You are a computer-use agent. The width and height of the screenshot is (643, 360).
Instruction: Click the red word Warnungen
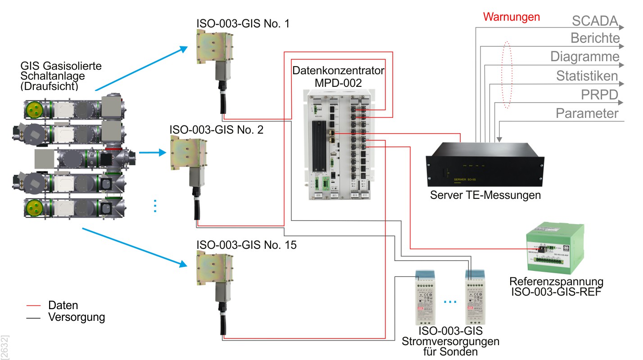pos(511,18)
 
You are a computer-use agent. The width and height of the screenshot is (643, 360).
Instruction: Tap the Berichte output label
pos(595,38)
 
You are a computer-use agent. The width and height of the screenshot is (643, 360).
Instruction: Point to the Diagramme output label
pos(584,57)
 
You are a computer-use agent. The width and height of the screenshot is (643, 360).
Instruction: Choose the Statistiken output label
pos(587,76)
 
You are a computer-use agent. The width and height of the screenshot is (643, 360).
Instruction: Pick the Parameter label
pos(587,113)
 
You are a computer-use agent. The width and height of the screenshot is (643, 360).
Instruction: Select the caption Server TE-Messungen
pos(485,195)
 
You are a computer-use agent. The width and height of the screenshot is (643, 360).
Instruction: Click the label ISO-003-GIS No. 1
pos(243,23)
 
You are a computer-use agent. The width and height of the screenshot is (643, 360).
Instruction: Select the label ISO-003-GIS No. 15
pos(246,245)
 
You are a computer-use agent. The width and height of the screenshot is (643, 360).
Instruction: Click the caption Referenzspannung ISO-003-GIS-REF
pos(556,287)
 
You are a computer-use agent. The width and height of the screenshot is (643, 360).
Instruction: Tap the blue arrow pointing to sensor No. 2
pos(151,153)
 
